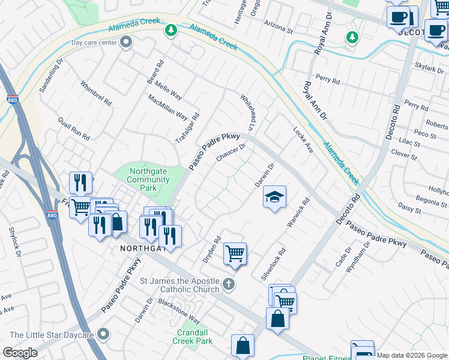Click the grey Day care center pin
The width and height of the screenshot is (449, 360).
[126, 43]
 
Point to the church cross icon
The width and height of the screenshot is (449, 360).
[228, 284]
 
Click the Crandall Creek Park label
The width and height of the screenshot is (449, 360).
[195, 337]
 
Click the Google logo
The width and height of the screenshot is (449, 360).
[20, 353]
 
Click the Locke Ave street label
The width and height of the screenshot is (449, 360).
[303, 139]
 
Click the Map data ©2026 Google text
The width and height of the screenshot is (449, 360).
[412, 355]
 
